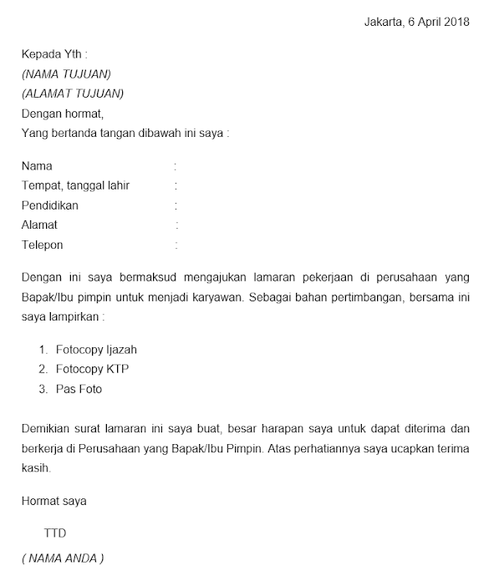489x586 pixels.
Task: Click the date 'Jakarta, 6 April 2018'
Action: pyautogui.click(x=417, y=22)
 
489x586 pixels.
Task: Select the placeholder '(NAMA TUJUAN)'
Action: pyautogui.click(x=66, y=74)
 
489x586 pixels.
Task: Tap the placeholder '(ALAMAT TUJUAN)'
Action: pyautogui.click(x=73, y=93)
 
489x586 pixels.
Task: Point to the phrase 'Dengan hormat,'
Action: pyautogui.click(x=63, y=114)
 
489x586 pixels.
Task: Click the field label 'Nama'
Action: pyautogui.click(x=37, y=166)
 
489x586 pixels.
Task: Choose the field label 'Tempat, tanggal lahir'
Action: pyautogui.click(x=76, y=185)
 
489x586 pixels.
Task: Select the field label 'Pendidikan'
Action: pyautogui.click(x=50, y=205)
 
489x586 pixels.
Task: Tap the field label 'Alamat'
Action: pyautogui.click(x=40, y=225)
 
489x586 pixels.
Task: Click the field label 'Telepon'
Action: pyautogui.click(x=43, y=245)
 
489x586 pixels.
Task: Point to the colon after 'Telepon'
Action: pyautogui.click(x=176, y=245)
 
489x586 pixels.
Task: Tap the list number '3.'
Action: pyautogui.click(x=43, y=389)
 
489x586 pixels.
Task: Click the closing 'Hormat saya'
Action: pyautogui.click(x=53, y=502)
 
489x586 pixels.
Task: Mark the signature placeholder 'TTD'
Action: pyautogui.click(x=55, y=533)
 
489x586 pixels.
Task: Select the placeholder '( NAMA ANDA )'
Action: pyautogui.click(x=64, y=558)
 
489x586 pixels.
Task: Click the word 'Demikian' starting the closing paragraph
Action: pyautogui.click(x=45, y=429)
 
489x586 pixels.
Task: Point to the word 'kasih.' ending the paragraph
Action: pyautogui.click(x=37, y=468)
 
